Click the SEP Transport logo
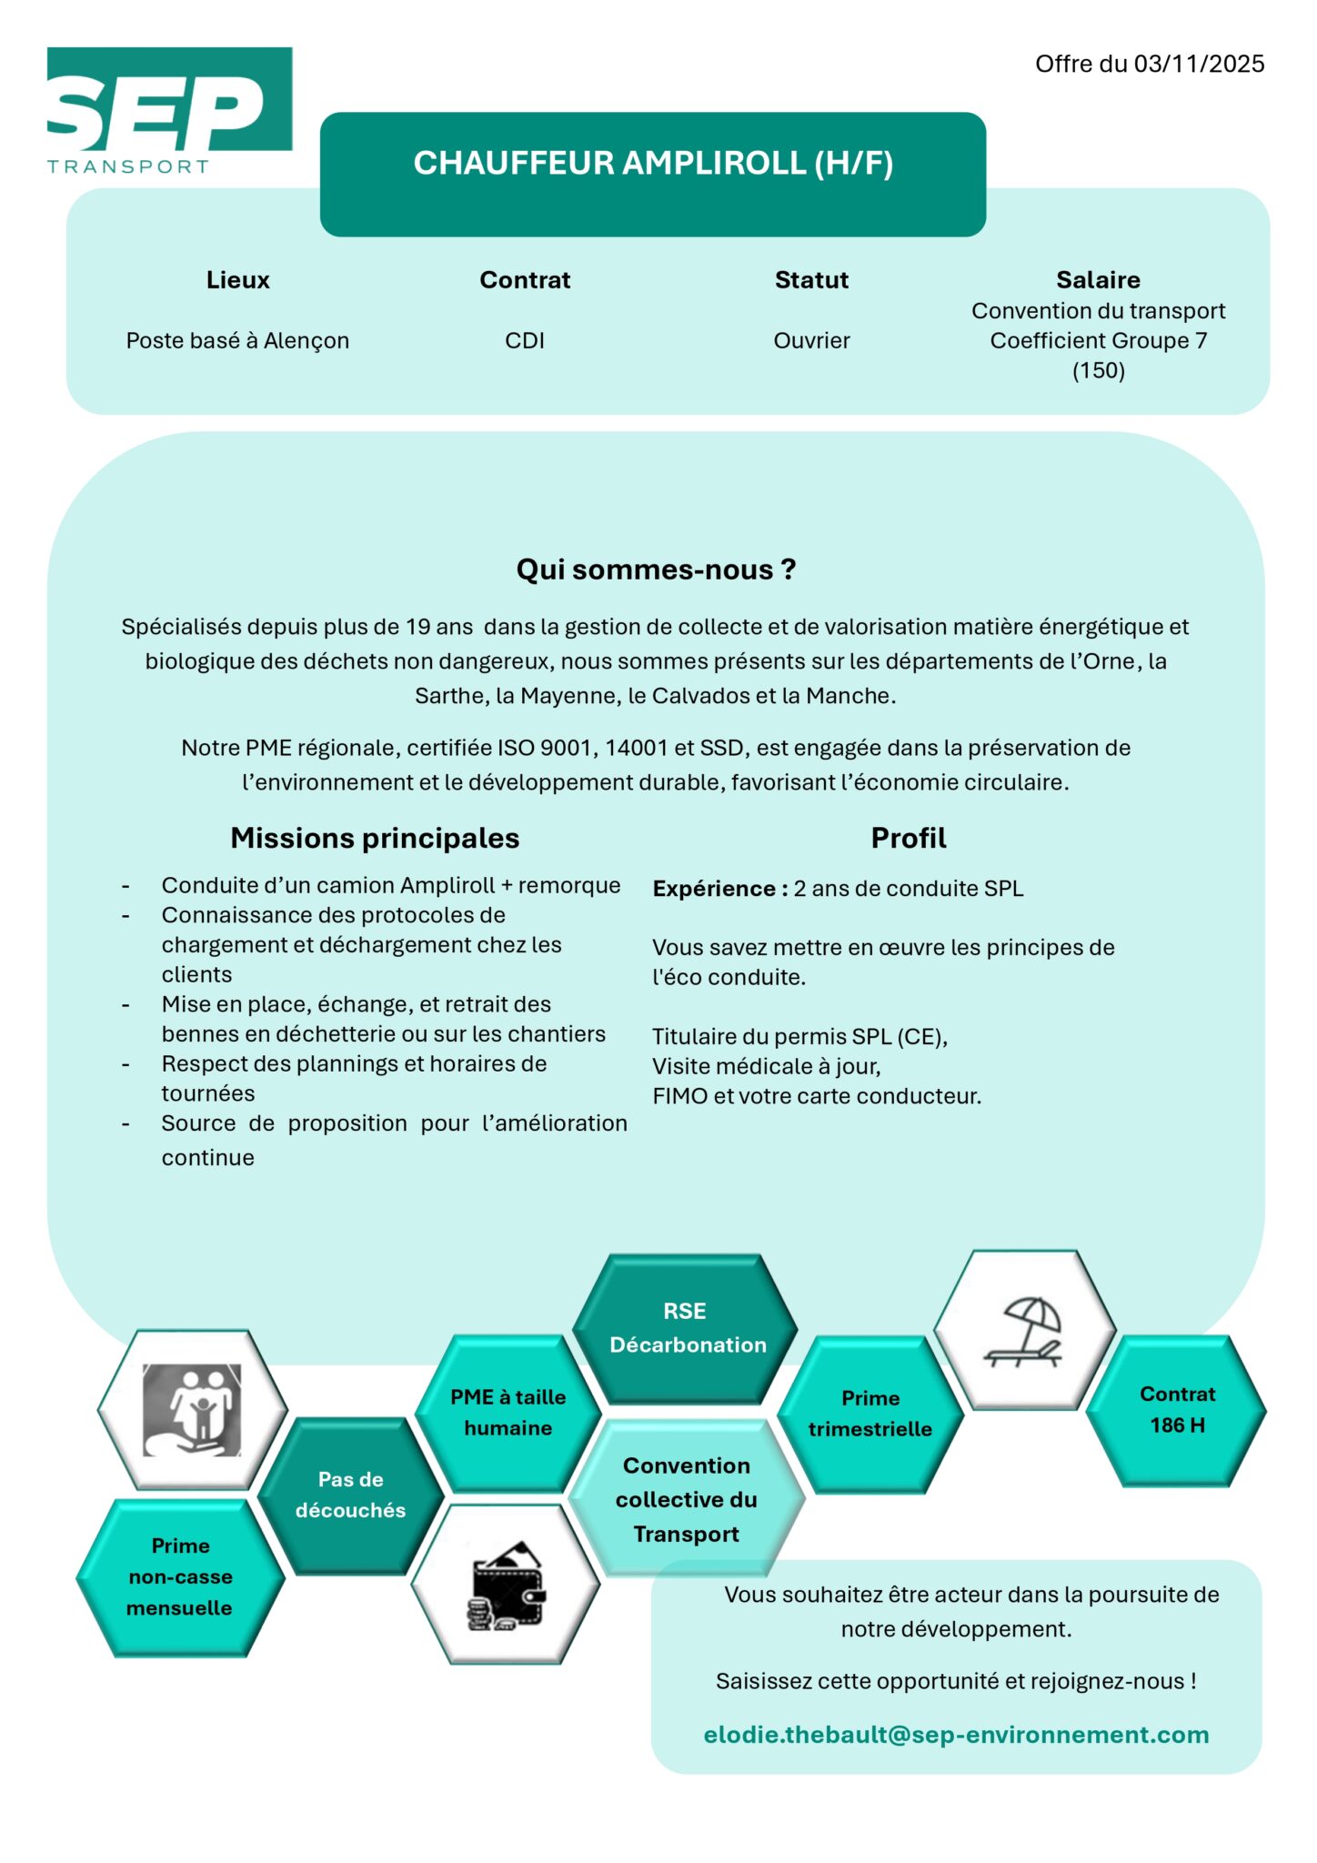(x=169, y=110)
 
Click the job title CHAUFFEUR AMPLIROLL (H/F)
(x=653, y=164)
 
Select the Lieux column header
(x=237, y=280)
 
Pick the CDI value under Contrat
(x=525, y=341)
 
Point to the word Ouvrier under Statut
(x=811, y=341)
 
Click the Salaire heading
(x=1098, y=280)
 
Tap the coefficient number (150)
(x=1098, y=371)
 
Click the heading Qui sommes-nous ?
(x=656, y=569)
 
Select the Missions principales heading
(x=375, y=838)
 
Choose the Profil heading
(x=909, y=838)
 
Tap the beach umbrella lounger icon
(x=1024, y=1330)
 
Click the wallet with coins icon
(x=506, y=1585)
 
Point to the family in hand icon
(x=193, y=1409)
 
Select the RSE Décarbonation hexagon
(x=686, y=1328)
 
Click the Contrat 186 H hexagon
(x=1177, y=1410)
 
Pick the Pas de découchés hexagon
(x=351, y=1495)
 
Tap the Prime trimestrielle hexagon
(x=870, y=1414)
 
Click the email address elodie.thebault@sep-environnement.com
(x=956, y=1735)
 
